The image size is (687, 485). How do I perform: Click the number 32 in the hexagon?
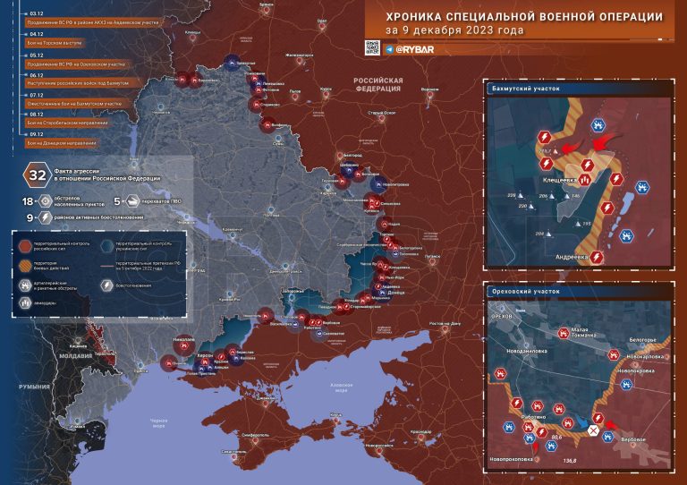(38, 174)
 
